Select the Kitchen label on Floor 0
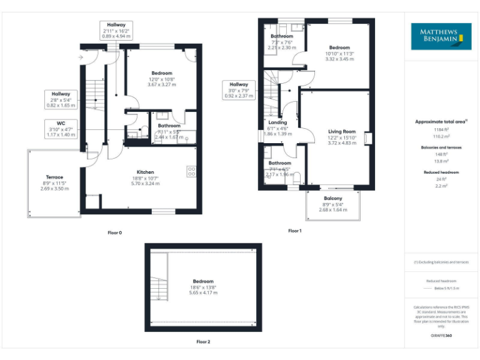pos(146,177)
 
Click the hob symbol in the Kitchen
pos(191,171)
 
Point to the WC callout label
pos(61,129)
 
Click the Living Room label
pos(342,137)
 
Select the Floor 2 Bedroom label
pos(203,286)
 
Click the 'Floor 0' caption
pos(114,232)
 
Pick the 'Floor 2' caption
pos(203,342)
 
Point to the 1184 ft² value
pos(441,129)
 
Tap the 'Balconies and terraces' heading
pos(441,147)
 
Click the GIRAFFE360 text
pos(441,336)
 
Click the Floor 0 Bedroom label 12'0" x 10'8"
pos(162,78)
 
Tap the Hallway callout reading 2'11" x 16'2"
pos(116,30)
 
